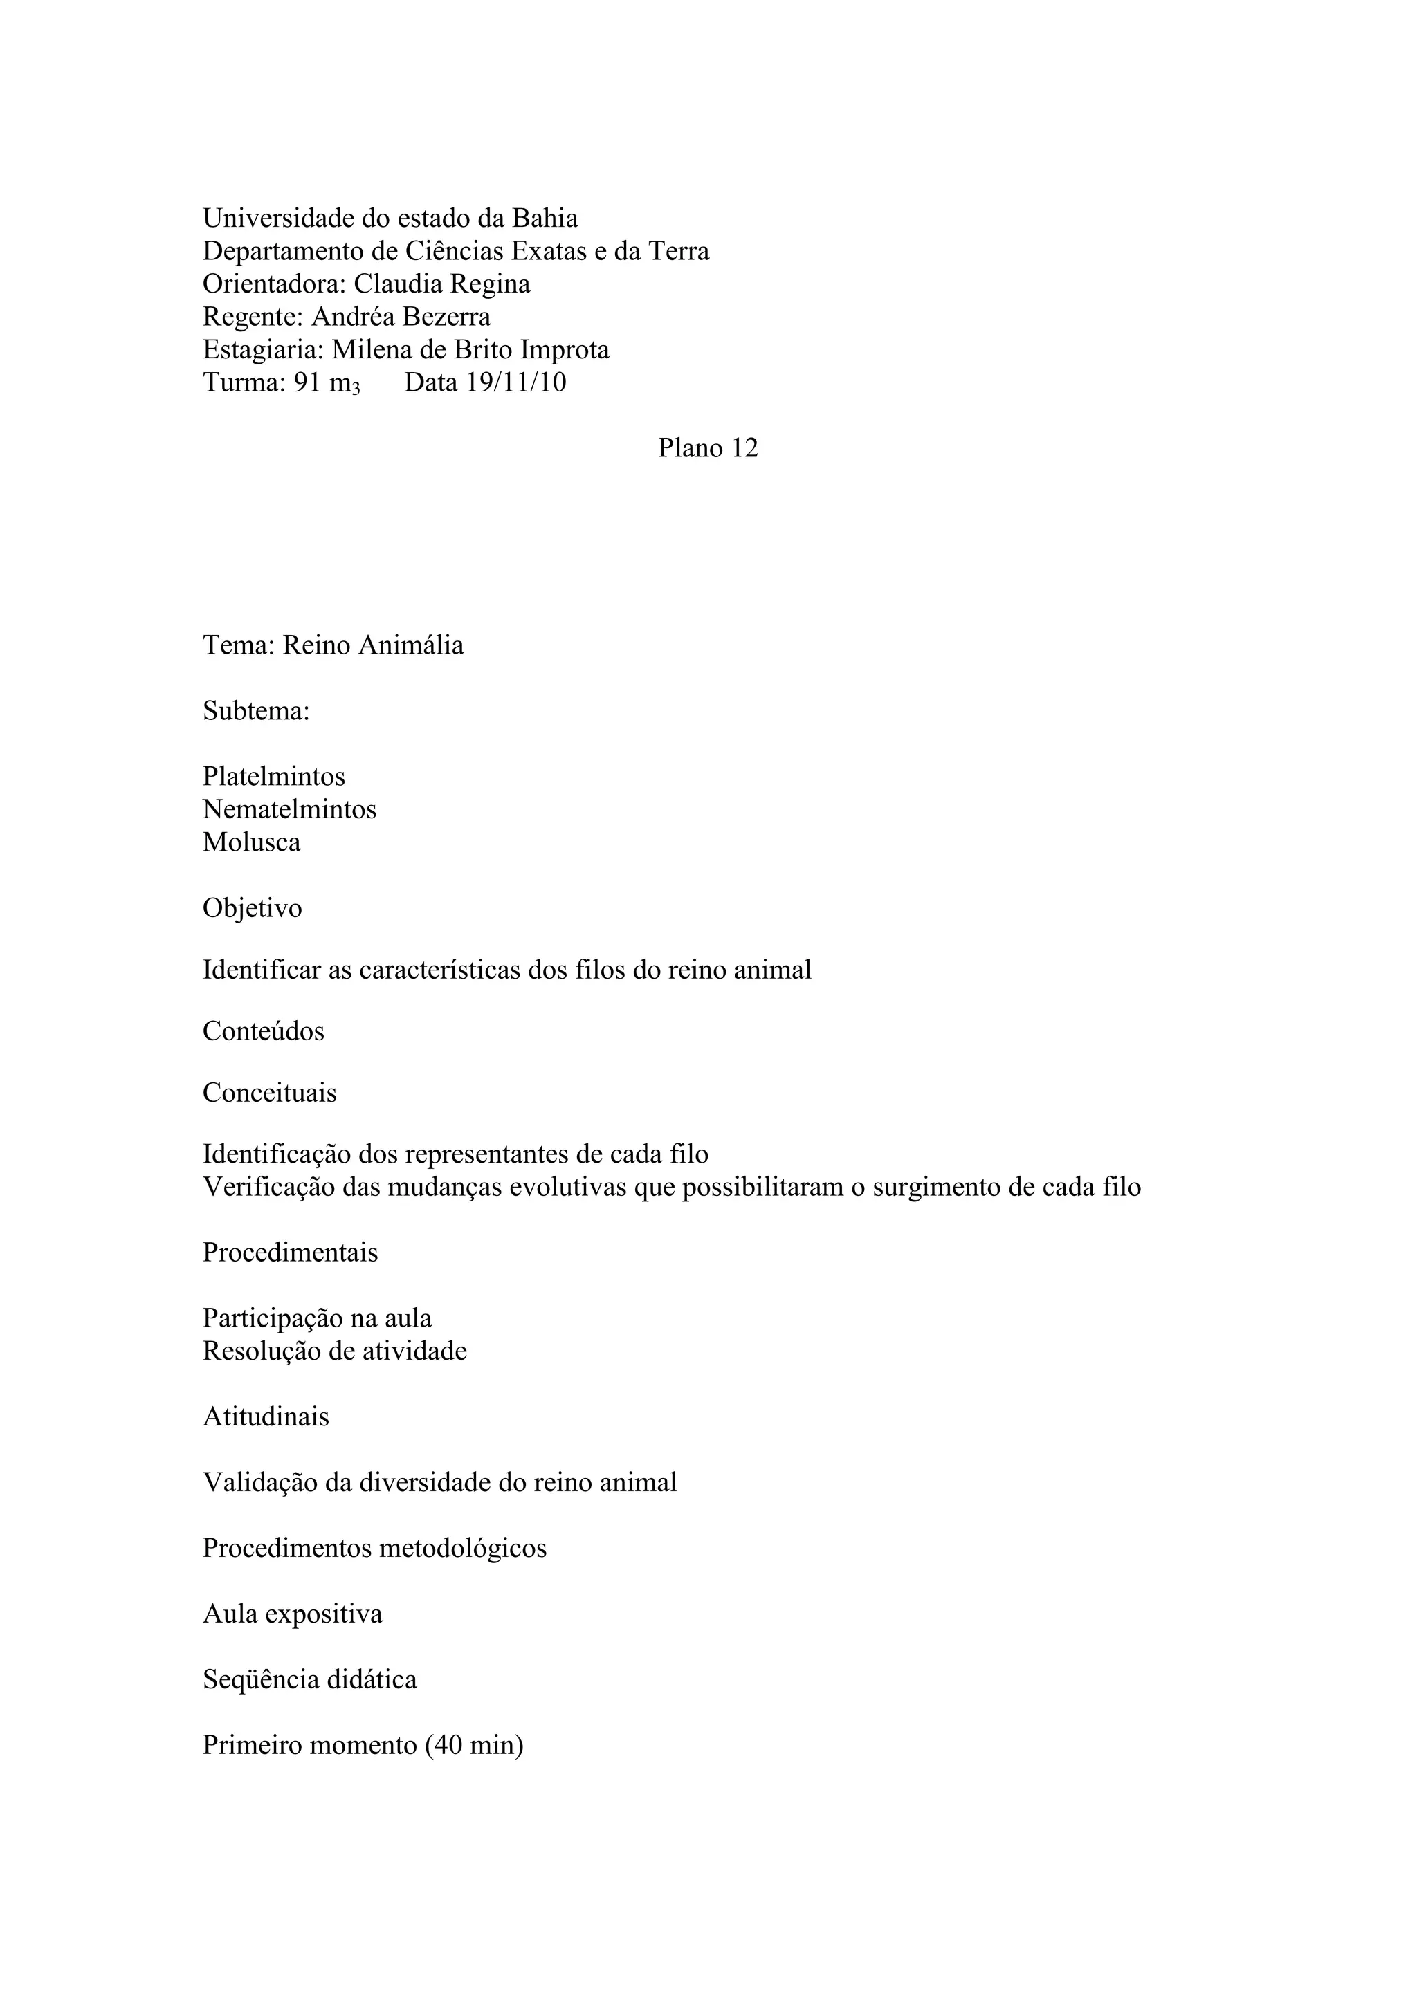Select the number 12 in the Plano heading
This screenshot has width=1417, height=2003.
coord(745,447)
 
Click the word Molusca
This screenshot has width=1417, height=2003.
coord(251,842)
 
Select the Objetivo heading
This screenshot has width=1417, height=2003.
coord(252,908)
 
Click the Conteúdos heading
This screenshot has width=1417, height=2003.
coord(264,1031)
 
